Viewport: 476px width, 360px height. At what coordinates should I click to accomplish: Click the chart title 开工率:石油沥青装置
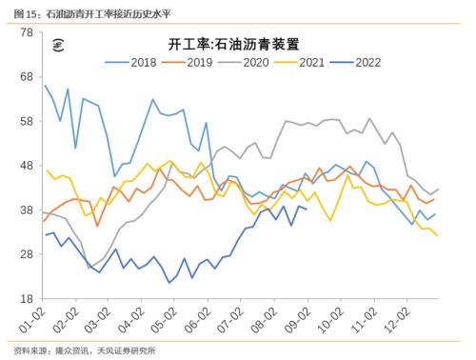pos(242,43)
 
